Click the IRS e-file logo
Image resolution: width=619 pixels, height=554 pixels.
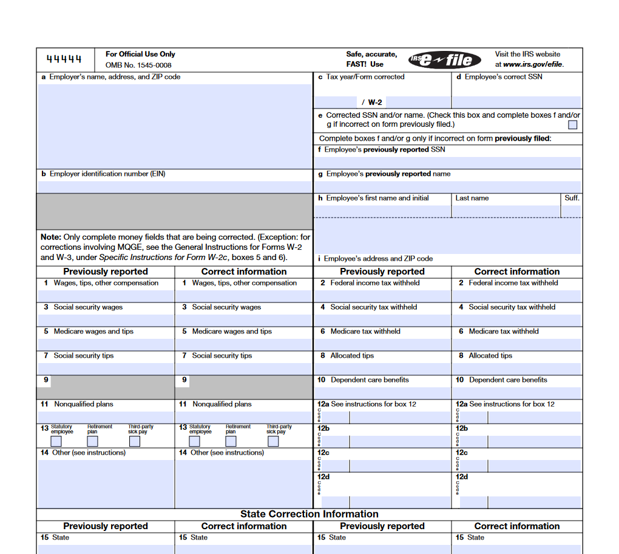445,59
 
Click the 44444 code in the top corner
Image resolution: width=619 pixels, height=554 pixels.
64,59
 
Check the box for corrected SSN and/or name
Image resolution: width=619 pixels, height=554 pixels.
572,125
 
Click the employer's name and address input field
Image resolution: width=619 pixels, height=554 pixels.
175,125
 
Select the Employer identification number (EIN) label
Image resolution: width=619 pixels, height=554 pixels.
103,174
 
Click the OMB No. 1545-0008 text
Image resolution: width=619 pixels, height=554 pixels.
138,65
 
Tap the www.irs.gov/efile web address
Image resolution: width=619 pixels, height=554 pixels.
533,64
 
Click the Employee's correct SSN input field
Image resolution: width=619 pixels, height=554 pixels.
516,102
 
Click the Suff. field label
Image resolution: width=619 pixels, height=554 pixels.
572,198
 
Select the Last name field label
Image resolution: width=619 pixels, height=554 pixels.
472,198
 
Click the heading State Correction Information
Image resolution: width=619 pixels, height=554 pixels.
309,514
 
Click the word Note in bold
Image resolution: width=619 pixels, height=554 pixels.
50,237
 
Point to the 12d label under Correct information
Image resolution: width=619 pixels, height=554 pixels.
462,476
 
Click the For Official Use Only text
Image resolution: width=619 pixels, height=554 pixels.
140,54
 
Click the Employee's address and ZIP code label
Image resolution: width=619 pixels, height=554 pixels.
375,259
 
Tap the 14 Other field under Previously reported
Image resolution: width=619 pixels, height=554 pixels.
106,483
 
